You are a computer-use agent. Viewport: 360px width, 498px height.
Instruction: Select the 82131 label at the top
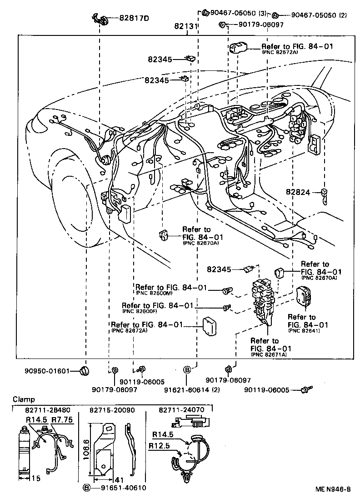pyautogui.click(x=185, y=27)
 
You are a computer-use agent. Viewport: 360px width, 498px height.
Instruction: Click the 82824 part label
pyautogui.click(x=298, y=193)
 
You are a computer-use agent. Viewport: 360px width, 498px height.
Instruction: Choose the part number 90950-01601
pyautogui.click(x=47, y=371)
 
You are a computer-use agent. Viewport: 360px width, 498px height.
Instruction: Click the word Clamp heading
pyautogui.click(x=23, y=399)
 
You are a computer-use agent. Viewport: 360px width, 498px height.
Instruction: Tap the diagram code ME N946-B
pyautogui.click(x=333, y=489)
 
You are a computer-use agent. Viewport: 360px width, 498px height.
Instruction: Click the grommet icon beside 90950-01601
pyautogui.click(x=83, y=371)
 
